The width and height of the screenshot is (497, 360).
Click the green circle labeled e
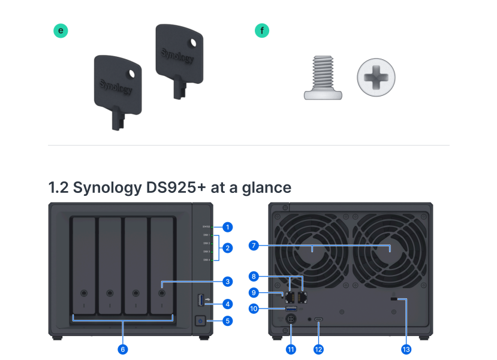[x=61, y=31]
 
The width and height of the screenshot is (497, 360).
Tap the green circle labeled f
[x=262, y=31]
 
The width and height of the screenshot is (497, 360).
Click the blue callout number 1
[x=227, y=227]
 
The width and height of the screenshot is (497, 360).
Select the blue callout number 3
[x=227, y=281]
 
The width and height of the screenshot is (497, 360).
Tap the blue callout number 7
[x=254, y=246]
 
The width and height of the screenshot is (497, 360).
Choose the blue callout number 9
[x=254, y=293]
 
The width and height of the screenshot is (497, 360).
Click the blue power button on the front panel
[x=200, y=321]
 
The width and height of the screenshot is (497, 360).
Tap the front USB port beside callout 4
[x=200, y=299]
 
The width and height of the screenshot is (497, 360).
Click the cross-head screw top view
[x=376, y=78]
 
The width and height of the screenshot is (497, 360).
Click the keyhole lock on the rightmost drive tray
[x=162, y=294]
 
